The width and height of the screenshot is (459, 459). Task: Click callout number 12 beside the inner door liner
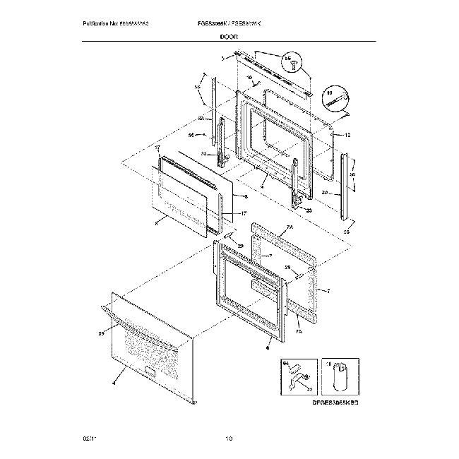coord(347,135)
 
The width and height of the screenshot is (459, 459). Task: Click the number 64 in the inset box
coord(286,364)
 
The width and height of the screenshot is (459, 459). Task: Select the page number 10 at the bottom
coord(229,440)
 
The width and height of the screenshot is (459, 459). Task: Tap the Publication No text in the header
coord(118,25)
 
